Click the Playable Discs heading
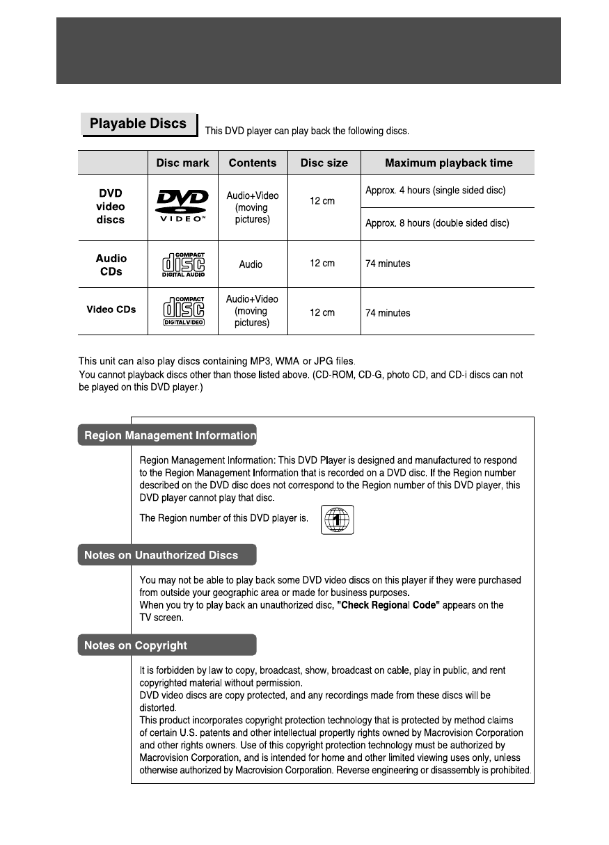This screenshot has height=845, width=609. click(x=139, y=124)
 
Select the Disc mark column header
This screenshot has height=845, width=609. click(x=182, y=163)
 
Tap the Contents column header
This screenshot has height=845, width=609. click(x=253, y=163)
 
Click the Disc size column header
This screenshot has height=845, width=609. click(x=324, y=163)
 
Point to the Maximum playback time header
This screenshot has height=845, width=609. click(x=448, y=163)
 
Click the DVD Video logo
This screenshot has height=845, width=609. click(x=182, y=205)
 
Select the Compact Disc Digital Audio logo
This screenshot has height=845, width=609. click(x=183, y=264)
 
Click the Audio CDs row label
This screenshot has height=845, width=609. click(x=111, y=264)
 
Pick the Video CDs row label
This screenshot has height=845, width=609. click(x=111, y=309)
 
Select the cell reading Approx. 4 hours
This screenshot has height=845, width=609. click(x=435, y=191)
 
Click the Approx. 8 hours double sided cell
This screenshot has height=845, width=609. click(x=437, y=223)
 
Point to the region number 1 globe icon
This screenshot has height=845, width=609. click(x=338, y=520)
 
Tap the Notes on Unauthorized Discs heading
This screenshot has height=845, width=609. click(x=161, y=555)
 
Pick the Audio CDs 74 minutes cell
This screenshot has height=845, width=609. click(x=388, y=264)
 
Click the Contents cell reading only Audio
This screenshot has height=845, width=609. click(x=251, y=264)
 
